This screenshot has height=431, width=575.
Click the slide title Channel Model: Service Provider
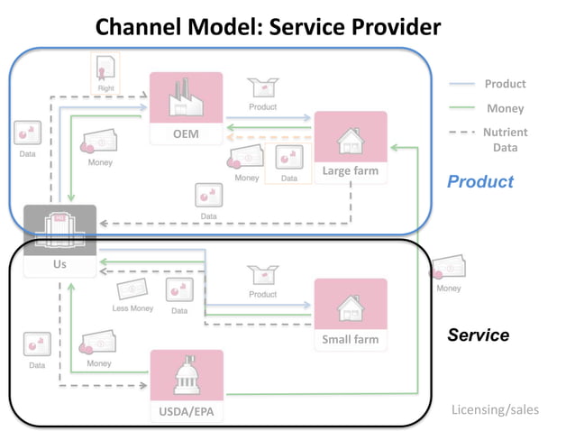[x=269, y=27]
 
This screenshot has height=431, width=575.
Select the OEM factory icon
[x=186, y=98]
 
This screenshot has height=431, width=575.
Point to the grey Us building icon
[x=59, y=229]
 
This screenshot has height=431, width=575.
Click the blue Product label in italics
[x=480, y=181]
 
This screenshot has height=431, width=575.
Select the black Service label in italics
[x=478, y=335]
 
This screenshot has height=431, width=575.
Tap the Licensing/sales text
[x=495, y=409]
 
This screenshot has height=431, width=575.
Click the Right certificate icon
[x=105, y=68]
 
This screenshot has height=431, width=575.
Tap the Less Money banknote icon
[x=132, y=290]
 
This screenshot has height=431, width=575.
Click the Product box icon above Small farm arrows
[x=263, y=275]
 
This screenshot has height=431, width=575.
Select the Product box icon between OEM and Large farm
[x=263, y=87]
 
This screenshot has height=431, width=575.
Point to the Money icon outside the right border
[x=448, y=269]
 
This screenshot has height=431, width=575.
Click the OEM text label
[x=186, y=134]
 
